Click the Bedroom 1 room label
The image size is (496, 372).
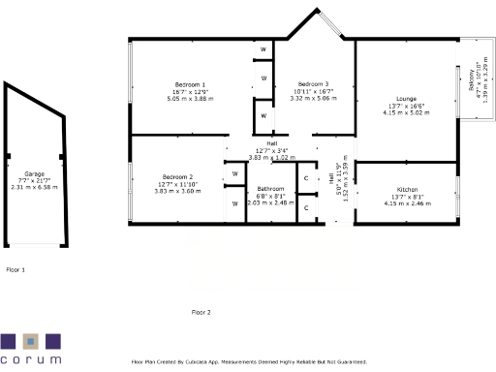pos(183,84)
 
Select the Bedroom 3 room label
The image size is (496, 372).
pos(313,84)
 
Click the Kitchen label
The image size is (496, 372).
pos(407,189)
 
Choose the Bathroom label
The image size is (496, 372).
pos(270,188)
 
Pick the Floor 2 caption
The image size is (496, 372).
pos(201,312)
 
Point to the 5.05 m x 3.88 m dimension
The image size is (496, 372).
pos(183,98)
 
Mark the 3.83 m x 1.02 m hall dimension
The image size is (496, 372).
pos(271,157)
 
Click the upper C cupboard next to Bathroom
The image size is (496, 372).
pos(306,178)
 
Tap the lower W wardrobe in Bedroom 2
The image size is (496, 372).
pos(235,203)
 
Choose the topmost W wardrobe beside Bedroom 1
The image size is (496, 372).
pos(263,49)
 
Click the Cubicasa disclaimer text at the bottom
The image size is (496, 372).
pos(248,361)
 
